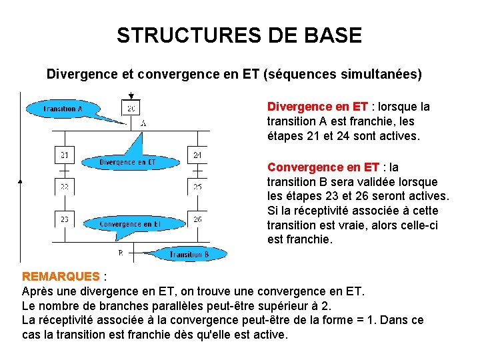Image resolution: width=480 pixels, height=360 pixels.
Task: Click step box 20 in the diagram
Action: click(131, 108)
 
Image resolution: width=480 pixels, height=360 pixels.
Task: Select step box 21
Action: click(64, 155)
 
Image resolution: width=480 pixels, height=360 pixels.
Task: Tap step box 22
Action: click(64, 187)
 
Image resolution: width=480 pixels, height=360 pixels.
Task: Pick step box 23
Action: click(64, 219)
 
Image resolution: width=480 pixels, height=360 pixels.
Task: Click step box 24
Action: click(197, 155)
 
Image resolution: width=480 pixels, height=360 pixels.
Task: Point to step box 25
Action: click(197, 187)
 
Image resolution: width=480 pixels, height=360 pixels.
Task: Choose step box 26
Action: click(197, 219)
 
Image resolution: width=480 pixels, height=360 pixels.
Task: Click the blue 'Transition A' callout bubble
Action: click(63, 109)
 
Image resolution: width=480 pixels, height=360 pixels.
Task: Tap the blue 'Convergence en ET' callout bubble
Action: click(129, 225)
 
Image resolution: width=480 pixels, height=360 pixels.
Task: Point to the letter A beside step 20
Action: click(144, 123)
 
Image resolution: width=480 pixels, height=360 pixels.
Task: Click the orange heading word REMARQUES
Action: click(61, 276)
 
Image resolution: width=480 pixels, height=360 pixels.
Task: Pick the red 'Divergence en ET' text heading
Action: click(317, 107)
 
